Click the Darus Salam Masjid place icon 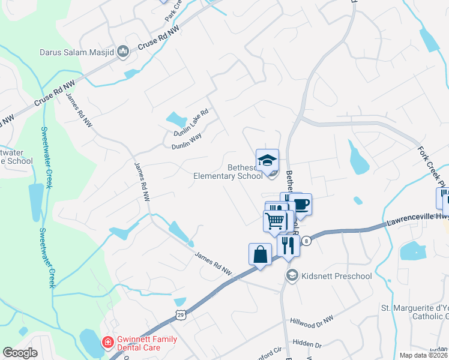[x=124, y=52]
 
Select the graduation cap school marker [x=267, y=160]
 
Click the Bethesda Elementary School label [x=228, y=172]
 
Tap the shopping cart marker [x=275, y=221]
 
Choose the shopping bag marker [x=260, y=254]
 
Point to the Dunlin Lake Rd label [x=190, y=122]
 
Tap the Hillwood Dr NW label [x=311, y=322]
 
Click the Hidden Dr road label [x=309, y=345]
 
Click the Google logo [x=20, y=353]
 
